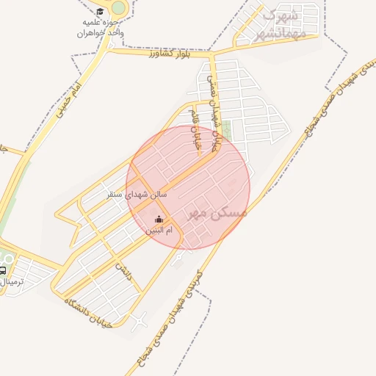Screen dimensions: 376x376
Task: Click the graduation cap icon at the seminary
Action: click(99, 12)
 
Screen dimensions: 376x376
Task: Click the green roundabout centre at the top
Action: click(117, 7)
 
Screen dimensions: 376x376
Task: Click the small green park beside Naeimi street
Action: click(227, 131)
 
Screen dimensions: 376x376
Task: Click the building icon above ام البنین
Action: click(159, 219)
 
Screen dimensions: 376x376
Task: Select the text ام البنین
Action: click(161, 231)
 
